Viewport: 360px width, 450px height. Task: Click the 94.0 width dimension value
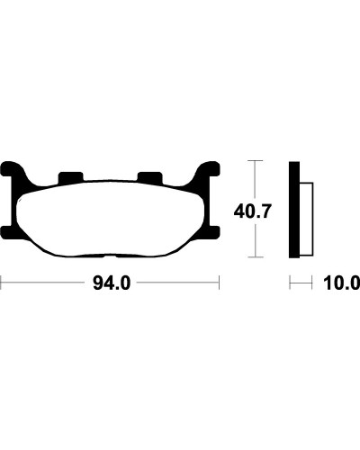[x=112, y=283]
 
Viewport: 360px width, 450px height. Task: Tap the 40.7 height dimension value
[x=253, y=211]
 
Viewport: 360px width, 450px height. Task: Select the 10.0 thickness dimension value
[x=342, y=283]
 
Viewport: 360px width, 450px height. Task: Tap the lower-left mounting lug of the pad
[x=7, y=233]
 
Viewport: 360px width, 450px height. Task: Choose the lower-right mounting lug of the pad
[x=213, y=233]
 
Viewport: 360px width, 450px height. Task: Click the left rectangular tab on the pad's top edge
[x=70, y=177]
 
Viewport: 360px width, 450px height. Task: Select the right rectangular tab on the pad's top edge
[x=149, y=177]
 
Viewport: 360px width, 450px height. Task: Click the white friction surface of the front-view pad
[x=111, y=218]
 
